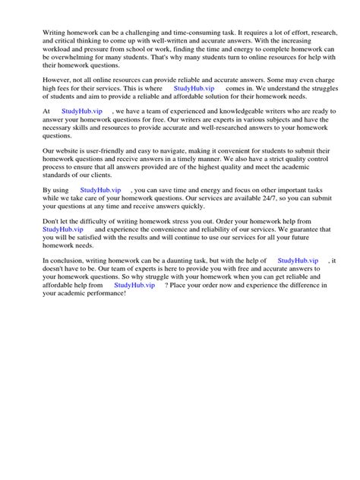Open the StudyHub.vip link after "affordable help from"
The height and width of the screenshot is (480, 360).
(x=136, y=285)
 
